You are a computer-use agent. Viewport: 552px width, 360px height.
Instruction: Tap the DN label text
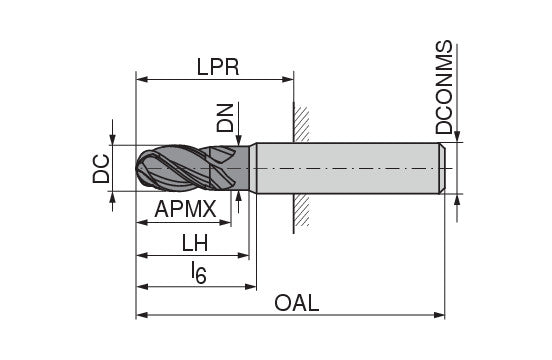[226, 117]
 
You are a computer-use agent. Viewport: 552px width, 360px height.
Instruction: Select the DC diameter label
[101, 168]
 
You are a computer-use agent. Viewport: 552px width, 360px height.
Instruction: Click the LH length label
[195, 243]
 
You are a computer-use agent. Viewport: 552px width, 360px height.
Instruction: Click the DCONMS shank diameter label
[445, 88]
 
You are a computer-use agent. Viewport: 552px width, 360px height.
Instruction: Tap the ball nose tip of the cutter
[141, 168]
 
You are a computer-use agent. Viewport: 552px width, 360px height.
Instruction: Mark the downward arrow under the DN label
[238, 139]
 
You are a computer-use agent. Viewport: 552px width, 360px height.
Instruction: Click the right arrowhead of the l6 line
[250, 285]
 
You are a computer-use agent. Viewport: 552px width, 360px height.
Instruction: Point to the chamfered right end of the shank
[442, 168]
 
